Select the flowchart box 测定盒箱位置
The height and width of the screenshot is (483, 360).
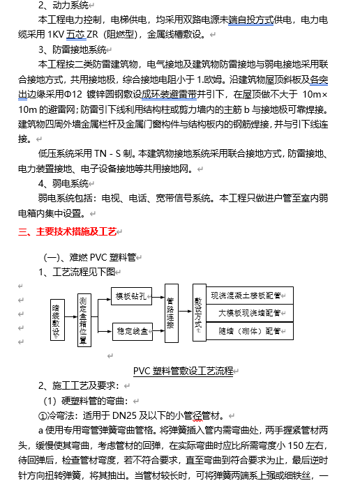click(84, 320)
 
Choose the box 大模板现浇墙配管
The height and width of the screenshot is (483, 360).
click(249, 313)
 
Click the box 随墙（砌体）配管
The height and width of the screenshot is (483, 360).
click(249, 330)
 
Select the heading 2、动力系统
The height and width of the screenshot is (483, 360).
click(63, 5)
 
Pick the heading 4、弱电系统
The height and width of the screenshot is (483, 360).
click(63, 183)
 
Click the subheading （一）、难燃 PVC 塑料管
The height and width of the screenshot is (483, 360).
click(93, 256)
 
